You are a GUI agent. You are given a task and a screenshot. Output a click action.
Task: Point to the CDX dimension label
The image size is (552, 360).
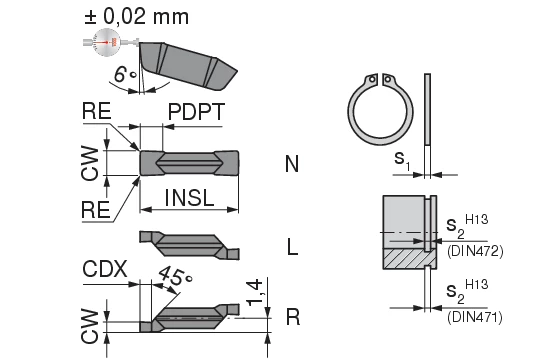pyautogui.click(x=105, y=269)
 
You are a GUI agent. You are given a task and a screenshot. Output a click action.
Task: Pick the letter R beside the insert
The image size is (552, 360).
pyautogui.click(x=293, y=317)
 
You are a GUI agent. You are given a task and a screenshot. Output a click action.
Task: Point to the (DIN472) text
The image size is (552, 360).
pyautogui.click(x=473, y=249)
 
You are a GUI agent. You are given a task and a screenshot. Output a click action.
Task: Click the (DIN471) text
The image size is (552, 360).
pyautogui.click(x=473, y=318)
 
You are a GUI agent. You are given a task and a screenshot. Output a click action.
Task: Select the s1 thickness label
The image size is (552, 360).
pyautogui.click(x=400, y=159)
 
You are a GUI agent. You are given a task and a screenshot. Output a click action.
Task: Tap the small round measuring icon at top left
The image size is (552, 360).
pyautogui.click(x=104, y=42)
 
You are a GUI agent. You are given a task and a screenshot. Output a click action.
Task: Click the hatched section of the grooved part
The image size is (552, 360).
pyautogui.click(x=406, y=259)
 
